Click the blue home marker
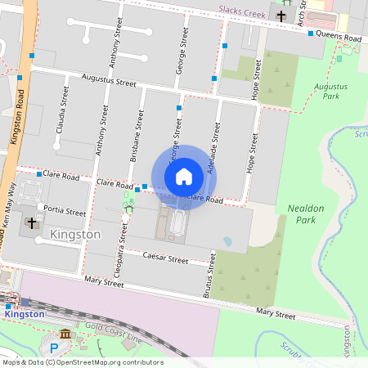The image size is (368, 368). tap(184, 176)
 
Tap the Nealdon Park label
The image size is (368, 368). tap(307, 214)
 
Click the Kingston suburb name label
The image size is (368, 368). tap(75, 235)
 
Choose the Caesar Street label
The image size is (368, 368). tap(166, 258)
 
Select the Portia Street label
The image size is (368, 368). tap(65, 211)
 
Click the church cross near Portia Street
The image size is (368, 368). tap(32, 222)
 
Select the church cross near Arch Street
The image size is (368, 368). tap(281, 16)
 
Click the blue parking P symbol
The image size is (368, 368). tap(54, 348)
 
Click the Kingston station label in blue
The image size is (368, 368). tap(24, 314)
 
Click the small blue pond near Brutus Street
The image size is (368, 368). tap(227, 242)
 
